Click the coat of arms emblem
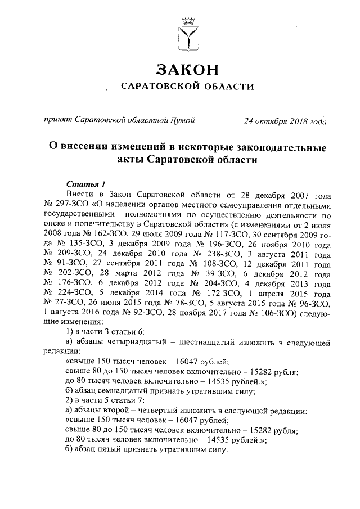pos(188,34)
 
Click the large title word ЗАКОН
pos(187,70)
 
